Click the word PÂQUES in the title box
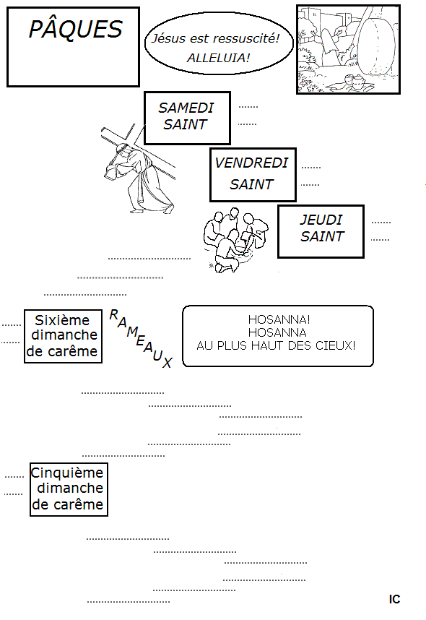coord(76,29)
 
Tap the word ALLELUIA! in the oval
coord(219,58)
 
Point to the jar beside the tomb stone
coord(357,82)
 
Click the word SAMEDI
coord(186,108)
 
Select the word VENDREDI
coord(251,163)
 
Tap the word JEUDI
coord(321,220)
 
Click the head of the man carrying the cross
coord(122,150)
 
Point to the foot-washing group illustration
coord(236,240)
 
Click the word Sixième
coord(62,320)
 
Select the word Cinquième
coord(66,473)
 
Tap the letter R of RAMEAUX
coord(114,315)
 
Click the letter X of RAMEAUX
coord(168,363)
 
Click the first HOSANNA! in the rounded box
coord(279,319)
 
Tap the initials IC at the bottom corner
coord(394,599)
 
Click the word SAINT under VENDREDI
coord(251,184)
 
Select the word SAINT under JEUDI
coord(322,236)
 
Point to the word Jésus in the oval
coord(169,38)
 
